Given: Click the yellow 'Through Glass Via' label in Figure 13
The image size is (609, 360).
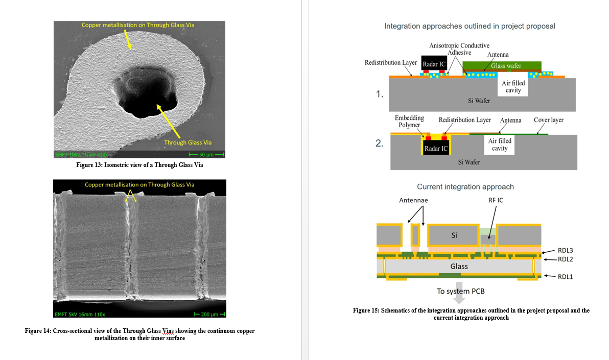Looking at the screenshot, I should click(188, 142).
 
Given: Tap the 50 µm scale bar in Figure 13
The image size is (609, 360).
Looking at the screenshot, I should click(206, 155).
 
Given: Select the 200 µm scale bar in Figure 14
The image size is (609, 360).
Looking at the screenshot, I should click(210, 314).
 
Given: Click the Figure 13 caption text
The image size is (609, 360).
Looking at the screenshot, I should click(139, 165).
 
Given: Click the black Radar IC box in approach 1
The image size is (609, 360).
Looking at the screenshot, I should click(434, 64).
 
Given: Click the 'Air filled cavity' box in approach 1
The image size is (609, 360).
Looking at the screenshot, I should click(513, 87).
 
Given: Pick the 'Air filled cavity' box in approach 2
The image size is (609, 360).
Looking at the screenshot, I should click(499, 145).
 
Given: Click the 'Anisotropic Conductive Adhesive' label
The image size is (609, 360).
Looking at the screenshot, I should click(459, 49).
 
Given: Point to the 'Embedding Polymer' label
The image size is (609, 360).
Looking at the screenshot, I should click(409, 122).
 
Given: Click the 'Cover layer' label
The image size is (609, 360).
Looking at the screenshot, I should click(548, 120).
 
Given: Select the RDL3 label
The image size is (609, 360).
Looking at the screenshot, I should click(566, 250).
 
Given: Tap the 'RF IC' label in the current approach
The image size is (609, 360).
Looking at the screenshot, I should click(496, 200).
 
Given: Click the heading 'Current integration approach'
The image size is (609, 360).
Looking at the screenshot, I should click(465, 187).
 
